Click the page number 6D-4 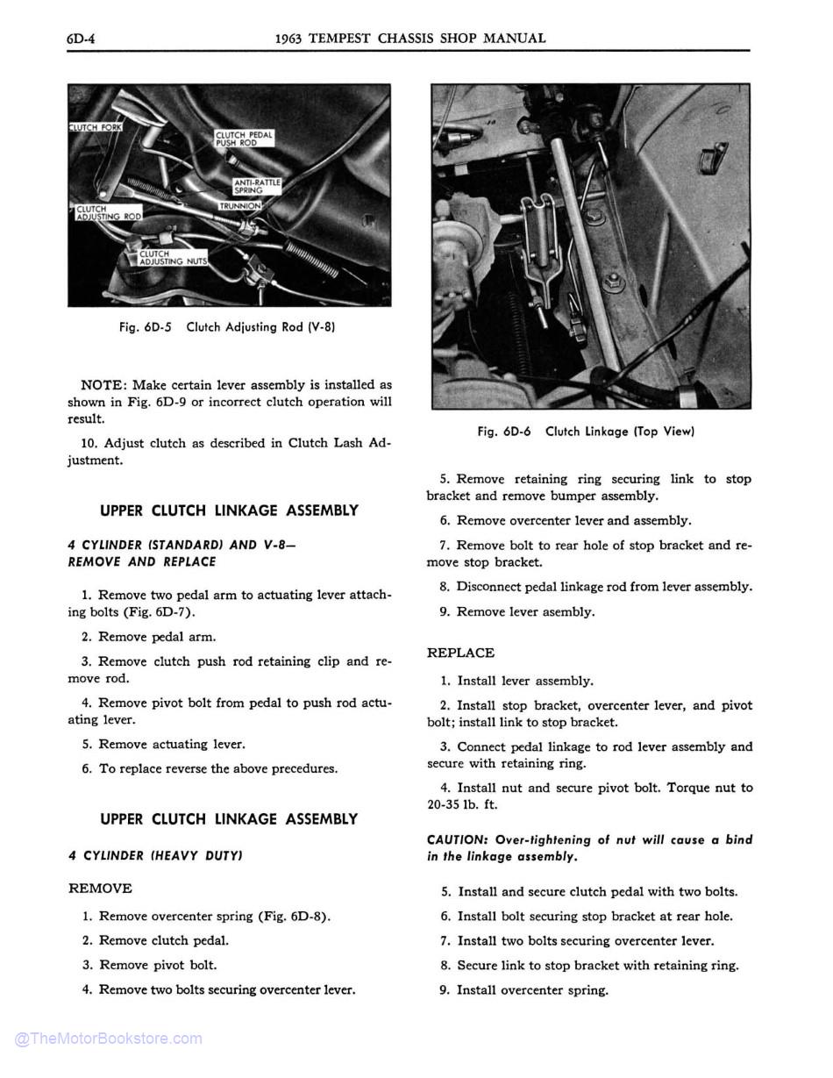tap(82, 39)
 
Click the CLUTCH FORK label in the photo tap(95, 128)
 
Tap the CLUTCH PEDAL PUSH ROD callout tap(244, 139)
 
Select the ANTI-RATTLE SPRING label tap(256, 186)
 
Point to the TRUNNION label tap(239, 206)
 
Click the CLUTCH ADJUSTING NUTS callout tap(173, 258)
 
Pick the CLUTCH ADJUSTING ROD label tap(108, 213)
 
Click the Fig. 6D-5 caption tap(227, 327)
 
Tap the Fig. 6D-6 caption tap(586, 432)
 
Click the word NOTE tap(103, 385)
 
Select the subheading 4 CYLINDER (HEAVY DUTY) tap(155, 855)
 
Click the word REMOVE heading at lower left tap(100, 889)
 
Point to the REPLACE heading tap(460, 653)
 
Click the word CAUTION tap(457, 839)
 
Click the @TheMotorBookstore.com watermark tap(108, 1039)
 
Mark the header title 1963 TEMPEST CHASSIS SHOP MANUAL tap(410, 39)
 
